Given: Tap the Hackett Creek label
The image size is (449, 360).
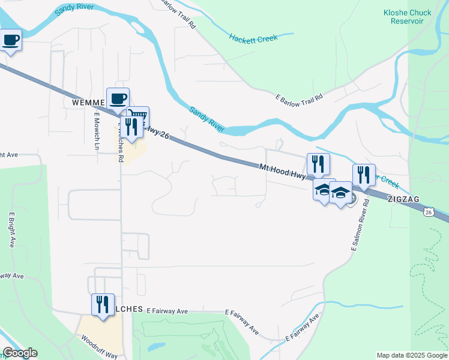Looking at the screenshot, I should (x=253, y=38).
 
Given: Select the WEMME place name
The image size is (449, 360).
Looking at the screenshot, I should (x=88, y=103).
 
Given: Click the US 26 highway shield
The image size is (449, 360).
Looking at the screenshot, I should (x=428, y=212).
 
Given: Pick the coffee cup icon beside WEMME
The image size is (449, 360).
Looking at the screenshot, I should (x=118, y=98).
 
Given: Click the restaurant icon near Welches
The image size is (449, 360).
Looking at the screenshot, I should (x=103, y=304).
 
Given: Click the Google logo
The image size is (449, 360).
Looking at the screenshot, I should (x=19, y=353).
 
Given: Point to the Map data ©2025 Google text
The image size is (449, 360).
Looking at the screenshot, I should (x=411, y=355).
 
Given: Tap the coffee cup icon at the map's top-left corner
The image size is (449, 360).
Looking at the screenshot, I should (x=10, y=41).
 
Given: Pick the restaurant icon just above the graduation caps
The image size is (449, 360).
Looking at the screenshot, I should (x=318, y=163).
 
